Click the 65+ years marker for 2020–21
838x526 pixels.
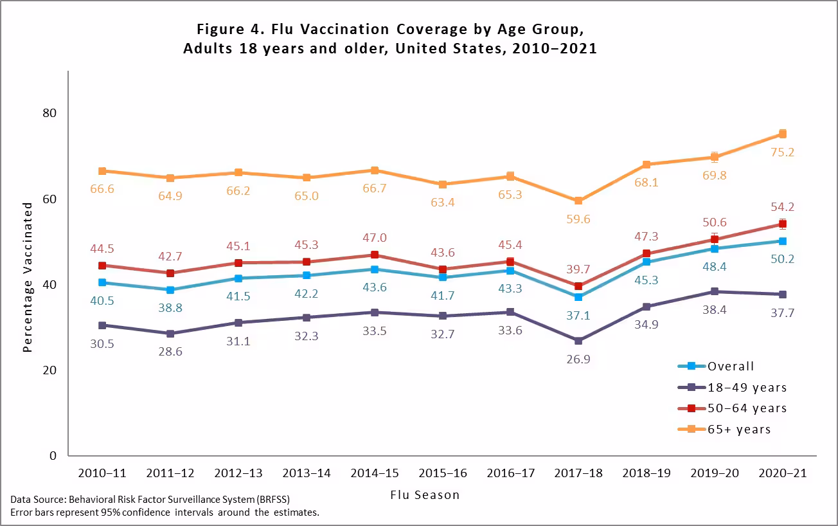pyautogui.click(x=783, y=134)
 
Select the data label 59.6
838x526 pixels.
pyautogui.click(x=578, y=219)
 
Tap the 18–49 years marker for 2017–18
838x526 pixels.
pyautogui.click(x=578, y=340)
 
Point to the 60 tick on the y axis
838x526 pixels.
pyautogui.click(x=49, y=199)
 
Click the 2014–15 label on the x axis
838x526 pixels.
pyautogui.click(x=373, y=473)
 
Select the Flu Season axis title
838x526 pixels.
pyautogui.click(x=425, y=495)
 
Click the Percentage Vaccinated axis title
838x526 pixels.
pyautogui.click(x=28, y=277)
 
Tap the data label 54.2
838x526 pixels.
pyautogui.click(x=782, y=207)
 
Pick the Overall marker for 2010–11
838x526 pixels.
pyautogui.click(x=102, y=282)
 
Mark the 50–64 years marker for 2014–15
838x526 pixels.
pyautogui.click(x=374, y=255)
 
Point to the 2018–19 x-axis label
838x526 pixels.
pyautogui.click(x=646, y=473)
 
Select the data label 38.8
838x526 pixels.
pyautogui.click(x=170, y=308)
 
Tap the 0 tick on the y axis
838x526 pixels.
pyautogui.click(x=54, y=456)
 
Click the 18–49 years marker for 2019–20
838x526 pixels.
pyautogui.click(x=715, y=291)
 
